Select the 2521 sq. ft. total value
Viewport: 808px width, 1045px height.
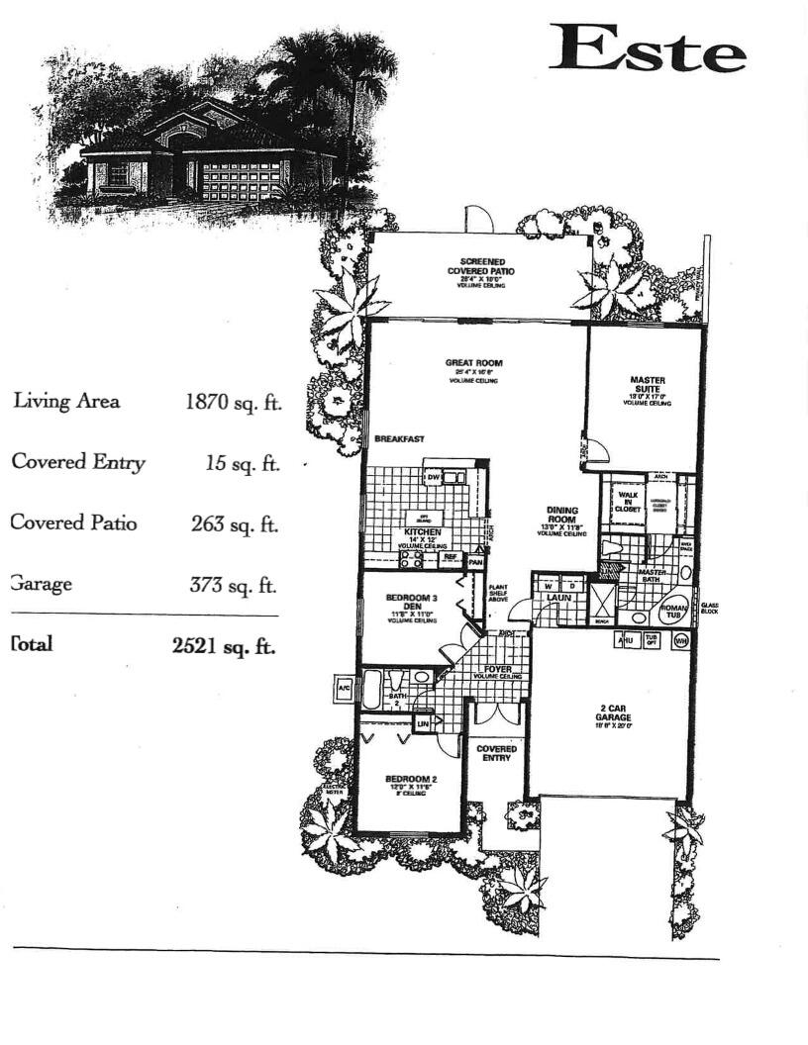pyautogui.click(x=224, y=646)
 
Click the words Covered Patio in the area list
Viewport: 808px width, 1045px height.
pyautogui.click(x=74, y=522)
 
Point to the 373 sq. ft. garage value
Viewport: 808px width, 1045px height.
pyautogui.click(x=233, y=585)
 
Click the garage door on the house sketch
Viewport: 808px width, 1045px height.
pyautogui.click(x=242, y=181)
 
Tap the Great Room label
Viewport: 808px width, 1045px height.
pyautogui.click(x=473, y=363)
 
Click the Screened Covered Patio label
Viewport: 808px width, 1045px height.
pyautogui.click(x=481, y=265)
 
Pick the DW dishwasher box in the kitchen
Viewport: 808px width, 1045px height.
pyautogui.click(x=433, y=478)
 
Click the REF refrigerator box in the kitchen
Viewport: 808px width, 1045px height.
pyautogui.click(x=450, y=558)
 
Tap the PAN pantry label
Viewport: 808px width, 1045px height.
pyautogui.click(x=475, y=561)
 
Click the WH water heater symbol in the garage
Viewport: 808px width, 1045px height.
pyautogui.click(x=680, y=641)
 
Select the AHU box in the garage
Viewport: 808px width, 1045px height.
pyautogui.click(x=626, y=641)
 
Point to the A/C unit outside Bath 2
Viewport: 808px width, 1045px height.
pyautogui.click(x=344, y=688)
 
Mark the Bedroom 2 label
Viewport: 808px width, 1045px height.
pyautogui.click(x=409, y=780)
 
